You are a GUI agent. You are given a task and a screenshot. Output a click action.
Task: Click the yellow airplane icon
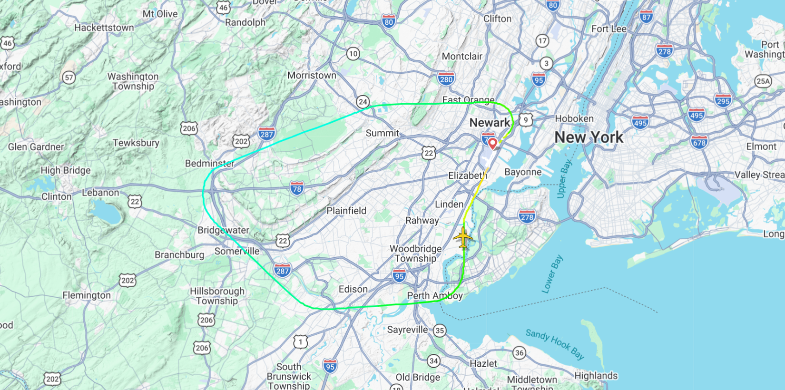click(462, 237)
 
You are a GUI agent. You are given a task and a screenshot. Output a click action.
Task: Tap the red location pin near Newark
click(493, 143)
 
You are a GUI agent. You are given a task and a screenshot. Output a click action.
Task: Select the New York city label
click(589, 137)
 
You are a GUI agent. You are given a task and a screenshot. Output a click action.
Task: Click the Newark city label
click(490, 123)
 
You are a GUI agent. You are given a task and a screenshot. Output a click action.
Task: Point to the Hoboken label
click(574, 118)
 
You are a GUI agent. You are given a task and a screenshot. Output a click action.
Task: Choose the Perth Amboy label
click(435, 296)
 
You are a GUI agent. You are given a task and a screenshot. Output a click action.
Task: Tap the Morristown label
click(312, 75)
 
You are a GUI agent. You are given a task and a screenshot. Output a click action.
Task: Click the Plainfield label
click(346, 211)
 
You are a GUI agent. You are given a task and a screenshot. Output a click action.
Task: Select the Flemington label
click(87, 295)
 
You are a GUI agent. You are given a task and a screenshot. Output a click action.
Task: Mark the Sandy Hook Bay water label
click(555, 344)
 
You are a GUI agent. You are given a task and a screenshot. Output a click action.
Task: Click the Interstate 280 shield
click(446, 79)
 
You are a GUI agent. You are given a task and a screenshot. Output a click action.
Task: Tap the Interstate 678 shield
click(699, 142)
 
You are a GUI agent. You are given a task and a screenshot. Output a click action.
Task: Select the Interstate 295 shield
click(723, 100)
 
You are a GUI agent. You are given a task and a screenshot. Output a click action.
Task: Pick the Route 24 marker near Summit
click(363, 101)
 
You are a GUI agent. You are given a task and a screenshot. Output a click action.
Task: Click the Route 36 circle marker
click(520, 353)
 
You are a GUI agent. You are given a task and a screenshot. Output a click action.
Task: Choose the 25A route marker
click(763, 81)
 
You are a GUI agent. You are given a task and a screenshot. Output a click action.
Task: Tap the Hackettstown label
click(104, 28)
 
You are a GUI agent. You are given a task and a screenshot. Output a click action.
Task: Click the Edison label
click(353, 289)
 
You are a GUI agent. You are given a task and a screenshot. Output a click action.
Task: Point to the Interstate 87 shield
click(646, 17)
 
